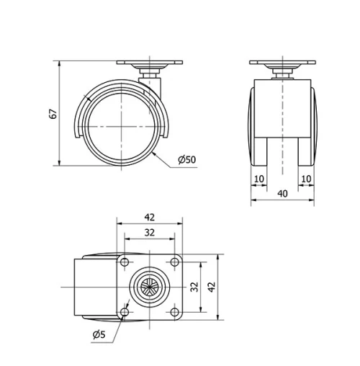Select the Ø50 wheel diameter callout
pos(186,159)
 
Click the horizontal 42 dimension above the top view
pos(149,216)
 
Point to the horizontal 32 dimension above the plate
pos(149,232)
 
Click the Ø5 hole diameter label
pos(101,334)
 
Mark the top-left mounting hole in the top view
pos(125,262)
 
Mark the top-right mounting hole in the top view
pos(173,262)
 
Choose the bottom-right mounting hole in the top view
pos(173,311)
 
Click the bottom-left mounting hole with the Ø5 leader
pos(125,311)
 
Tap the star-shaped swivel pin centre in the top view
pos(149,286)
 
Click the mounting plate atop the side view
pos(149,66)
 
